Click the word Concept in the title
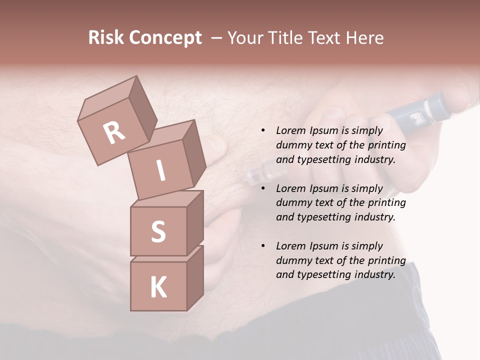pos(165,38)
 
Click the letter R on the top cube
pos(114,133)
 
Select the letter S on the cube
pos(158,231)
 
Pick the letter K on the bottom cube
pos(158,287)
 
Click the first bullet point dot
pos(263,131)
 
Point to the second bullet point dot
pos(263,189)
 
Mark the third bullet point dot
pos(263,246)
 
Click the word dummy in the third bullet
pos(292,260)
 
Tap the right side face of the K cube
pos(195,277)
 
